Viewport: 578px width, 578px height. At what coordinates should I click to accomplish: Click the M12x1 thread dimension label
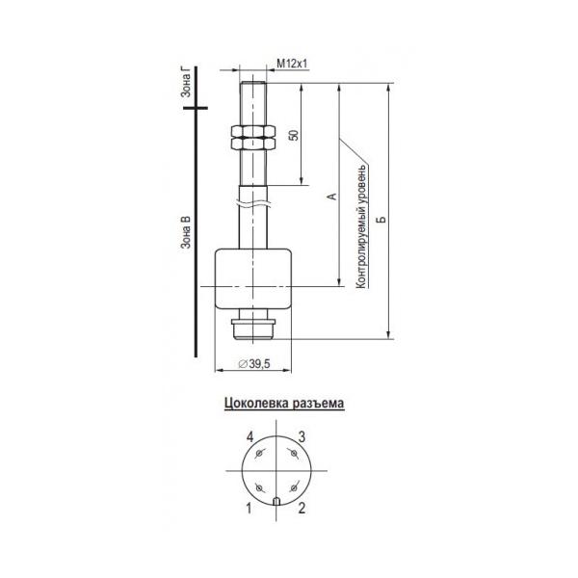(292, 64)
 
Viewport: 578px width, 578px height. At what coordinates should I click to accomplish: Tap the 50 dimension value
(294, 135)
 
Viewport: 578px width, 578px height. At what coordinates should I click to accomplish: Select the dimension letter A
(332, 197)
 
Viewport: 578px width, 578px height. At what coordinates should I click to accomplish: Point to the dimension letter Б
(382, 219)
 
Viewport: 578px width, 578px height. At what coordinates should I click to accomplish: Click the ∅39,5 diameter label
(254, 364)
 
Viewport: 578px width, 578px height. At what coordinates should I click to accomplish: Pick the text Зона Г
(186, 83)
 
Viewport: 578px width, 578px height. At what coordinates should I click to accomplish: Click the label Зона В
(186, 232)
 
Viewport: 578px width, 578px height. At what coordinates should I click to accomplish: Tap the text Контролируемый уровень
(361, 225)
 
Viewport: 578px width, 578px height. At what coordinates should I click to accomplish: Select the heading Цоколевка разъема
(284, 403)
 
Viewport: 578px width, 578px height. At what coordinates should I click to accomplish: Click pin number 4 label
(250, 437)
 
